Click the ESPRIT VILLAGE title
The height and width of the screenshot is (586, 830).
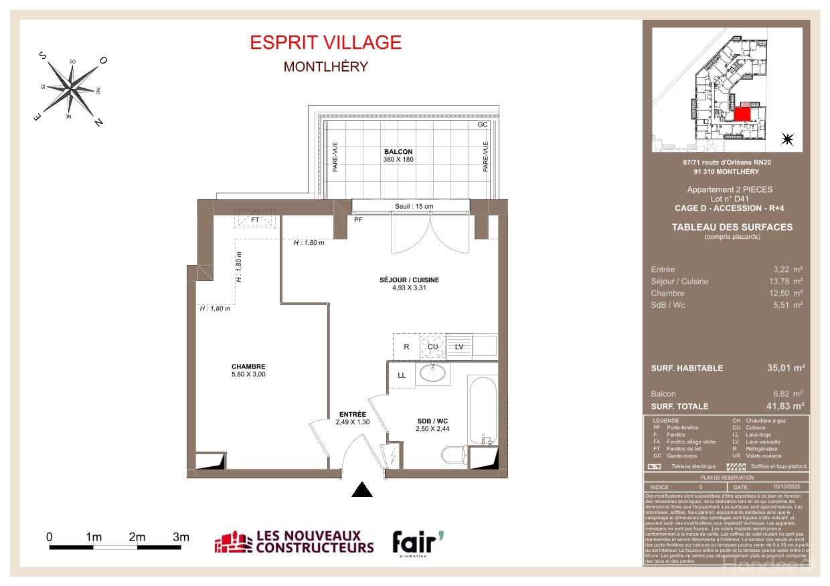(x=325, y=42)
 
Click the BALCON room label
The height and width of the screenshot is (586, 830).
(x=398, y=152)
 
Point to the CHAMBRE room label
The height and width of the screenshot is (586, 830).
(x=248, y=367)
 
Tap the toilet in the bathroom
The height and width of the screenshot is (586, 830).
(x=454, y=455)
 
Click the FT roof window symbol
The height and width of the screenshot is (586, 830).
(x=255, y=220)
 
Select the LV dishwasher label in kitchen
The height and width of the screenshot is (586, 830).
(x=459, y=347)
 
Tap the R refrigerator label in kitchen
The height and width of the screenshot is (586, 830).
(x=406, y=347)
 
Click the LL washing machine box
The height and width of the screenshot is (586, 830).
(x=402, y=375)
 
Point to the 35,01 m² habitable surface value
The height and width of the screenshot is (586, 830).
(x=784, y=368)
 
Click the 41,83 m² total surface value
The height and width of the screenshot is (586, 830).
(x=784, y=406)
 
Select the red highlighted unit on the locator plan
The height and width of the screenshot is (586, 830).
(x=742, y=114)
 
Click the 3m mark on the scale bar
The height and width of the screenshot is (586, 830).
(x=181, y=537)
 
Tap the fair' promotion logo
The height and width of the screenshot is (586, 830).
(x=417, y=543)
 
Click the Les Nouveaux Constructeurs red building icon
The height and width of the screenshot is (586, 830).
(x=232, y=543)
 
